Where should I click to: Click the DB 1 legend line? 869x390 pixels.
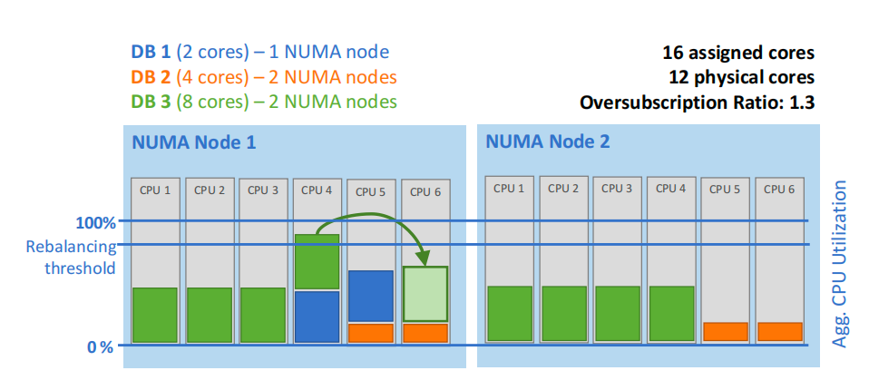pos(260,52)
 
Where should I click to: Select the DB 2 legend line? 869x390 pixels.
pos(264,76)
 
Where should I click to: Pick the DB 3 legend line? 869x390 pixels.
pos(264,101)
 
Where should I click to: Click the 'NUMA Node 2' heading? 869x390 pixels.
pos(548,141)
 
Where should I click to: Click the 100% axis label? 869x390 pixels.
pos(95,222)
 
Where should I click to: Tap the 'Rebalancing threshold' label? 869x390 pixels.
pos(71,257)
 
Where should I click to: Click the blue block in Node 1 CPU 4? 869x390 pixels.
pos(317,317)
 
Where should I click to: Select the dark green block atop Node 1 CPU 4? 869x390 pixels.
pos(317,262)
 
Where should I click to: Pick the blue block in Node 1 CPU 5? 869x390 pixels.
pos(370,297)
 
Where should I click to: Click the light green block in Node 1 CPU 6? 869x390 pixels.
pos(425,294)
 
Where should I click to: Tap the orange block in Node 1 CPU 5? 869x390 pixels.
pos(370,333)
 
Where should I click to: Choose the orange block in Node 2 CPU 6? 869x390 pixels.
pos(780,332)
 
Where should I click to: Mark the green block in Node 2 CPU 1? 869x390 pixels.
pos(511,314)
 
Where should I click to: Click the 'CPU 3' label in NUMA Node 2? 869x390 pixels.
pos(618,189)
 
